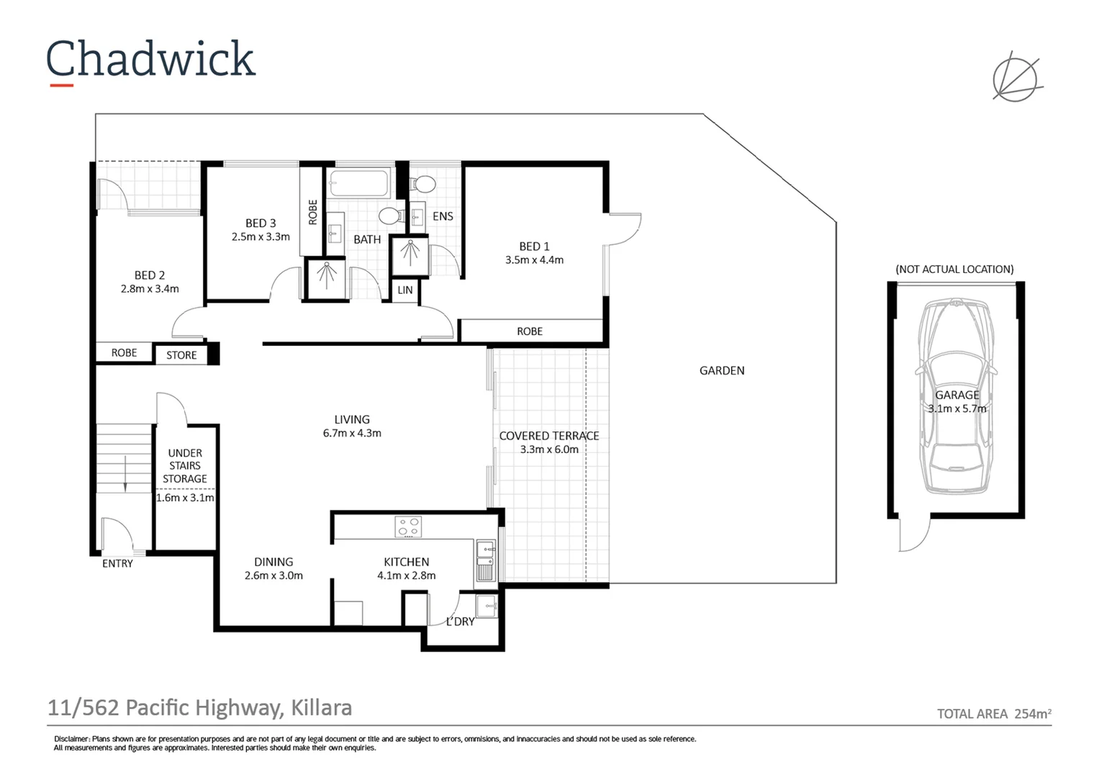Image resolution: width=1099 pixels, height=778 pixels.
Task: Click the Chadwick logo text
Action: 150,59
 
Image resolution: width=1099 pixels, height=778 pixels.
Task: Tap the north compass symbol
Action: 1016,76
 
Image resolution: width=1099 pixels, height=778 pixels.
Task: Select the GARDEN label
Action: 722,370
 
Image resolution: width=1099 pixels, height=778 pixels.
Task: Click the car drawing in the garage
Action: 956,396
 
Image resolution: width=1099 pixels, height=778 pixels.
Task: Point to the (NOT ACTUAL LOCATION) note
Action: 954,269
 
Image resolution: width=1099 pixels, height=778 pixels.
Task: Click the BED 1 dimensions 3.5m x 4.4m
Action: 534,260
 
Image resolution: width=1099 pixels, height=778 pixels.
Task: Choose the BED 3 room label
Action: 261,223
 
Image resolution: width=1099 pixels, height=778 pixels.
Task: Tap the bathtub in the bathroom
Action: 360,183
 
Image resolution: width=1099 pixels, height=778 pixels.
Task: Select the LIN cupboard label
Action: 405,290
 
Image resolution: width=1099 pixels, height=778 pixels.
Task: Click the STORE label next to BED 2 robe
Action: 181,355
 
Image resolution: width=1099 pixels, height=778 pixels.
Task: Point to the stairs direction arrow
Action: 125,475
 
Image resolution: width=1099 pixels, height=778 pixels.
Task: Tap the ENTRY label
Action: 117,563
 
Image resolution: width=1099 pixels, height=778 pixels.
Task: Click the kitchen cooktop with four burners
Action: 408,527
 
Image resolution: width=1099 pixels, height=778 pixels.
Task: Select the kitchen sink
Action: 485,561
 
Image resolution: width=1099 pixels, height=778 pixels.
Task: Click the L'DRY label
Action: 461,622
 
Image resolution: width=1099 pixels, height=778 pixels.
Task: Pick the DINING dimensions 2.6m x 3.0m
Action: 273,576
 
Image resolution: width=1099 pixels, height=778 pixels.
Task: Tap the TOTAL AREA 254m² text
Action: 994,714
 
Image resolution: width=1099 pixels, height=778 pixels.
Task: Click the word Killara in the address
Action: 321,708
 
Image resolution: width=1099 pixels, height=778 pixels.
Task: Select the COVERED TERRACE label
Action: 549,436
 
